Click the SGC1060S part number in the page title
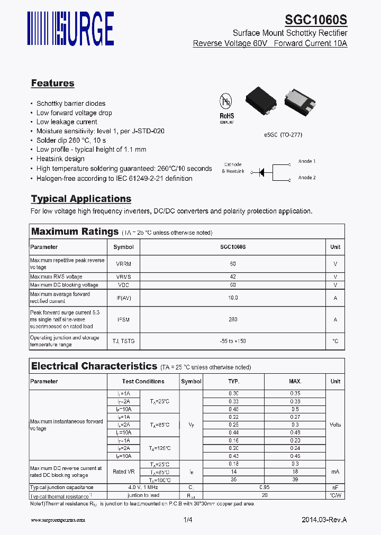click(x=316, y=20)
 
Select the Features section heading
click(x=52, y=83)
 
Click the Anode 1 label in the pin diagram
click(x=306, y=161)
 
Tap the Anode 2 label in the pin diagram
click(x=306, y=178)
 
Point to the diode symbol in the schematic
click(x=261, y=172)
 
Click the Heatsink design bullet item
click(x=60, y=159)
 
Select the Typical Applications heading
click(x=81, y=199)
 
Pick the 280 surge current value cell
click(x=233, y=319)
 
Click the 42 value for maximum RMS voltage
click(x=233, y=276)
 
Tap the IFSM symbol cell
click(x=124, y=319)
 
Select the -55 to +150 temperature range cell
click(x=233, y=341)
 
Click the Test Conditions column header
click(x=143, y=381)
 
